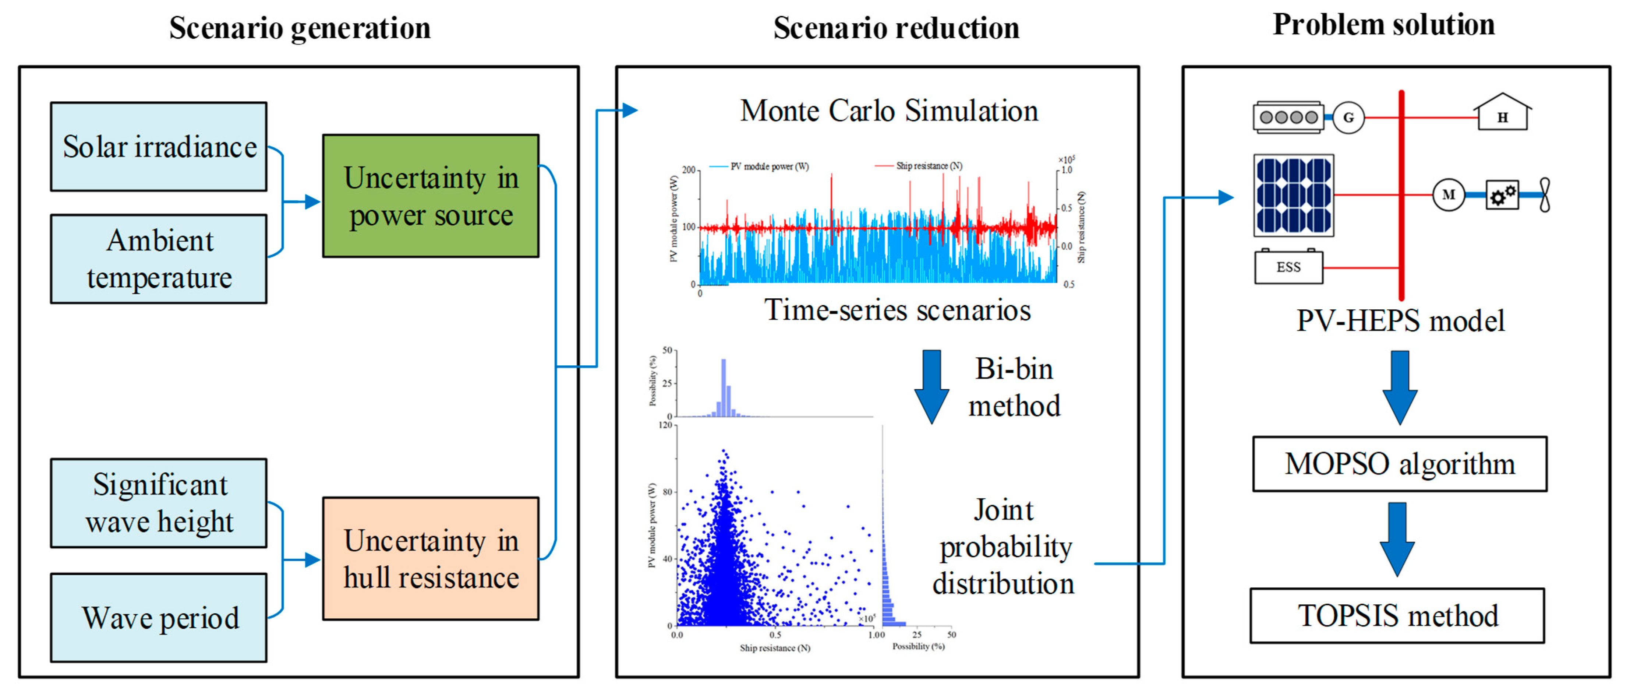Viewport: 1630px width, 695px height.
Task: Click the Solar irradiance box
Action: (159, 147)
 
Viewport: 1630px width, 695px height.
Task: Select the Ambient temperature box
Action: (159, 259)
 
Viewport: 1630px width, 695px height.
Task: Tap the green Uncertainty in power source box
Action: (431, 196)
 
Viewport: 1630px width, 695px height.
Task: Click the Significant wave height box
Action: (159, 503)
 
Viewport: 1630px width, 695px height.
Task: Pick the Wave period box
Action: (159, 618)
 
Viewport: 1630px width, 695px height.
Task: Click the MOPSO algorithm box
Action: (1400, 464)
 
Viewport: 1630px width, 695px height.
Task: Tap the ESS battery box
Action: (1288, 267)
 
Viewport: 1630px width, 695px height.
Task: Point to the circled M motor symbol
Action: (1449, 195)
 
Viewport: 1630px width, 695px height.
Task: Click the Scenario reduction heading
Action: (896, 28)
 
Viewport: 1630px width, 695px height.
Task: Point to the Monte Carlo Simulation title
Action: (889, 111)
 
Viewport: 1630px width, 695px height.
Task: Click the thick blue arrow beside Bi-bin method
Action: (931, 386)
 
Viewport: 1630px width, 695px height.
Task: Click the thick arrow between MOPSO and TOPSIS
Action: (1397, 539)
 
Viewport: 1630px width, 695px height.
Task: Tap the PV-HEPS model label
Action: (1400, 320)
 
